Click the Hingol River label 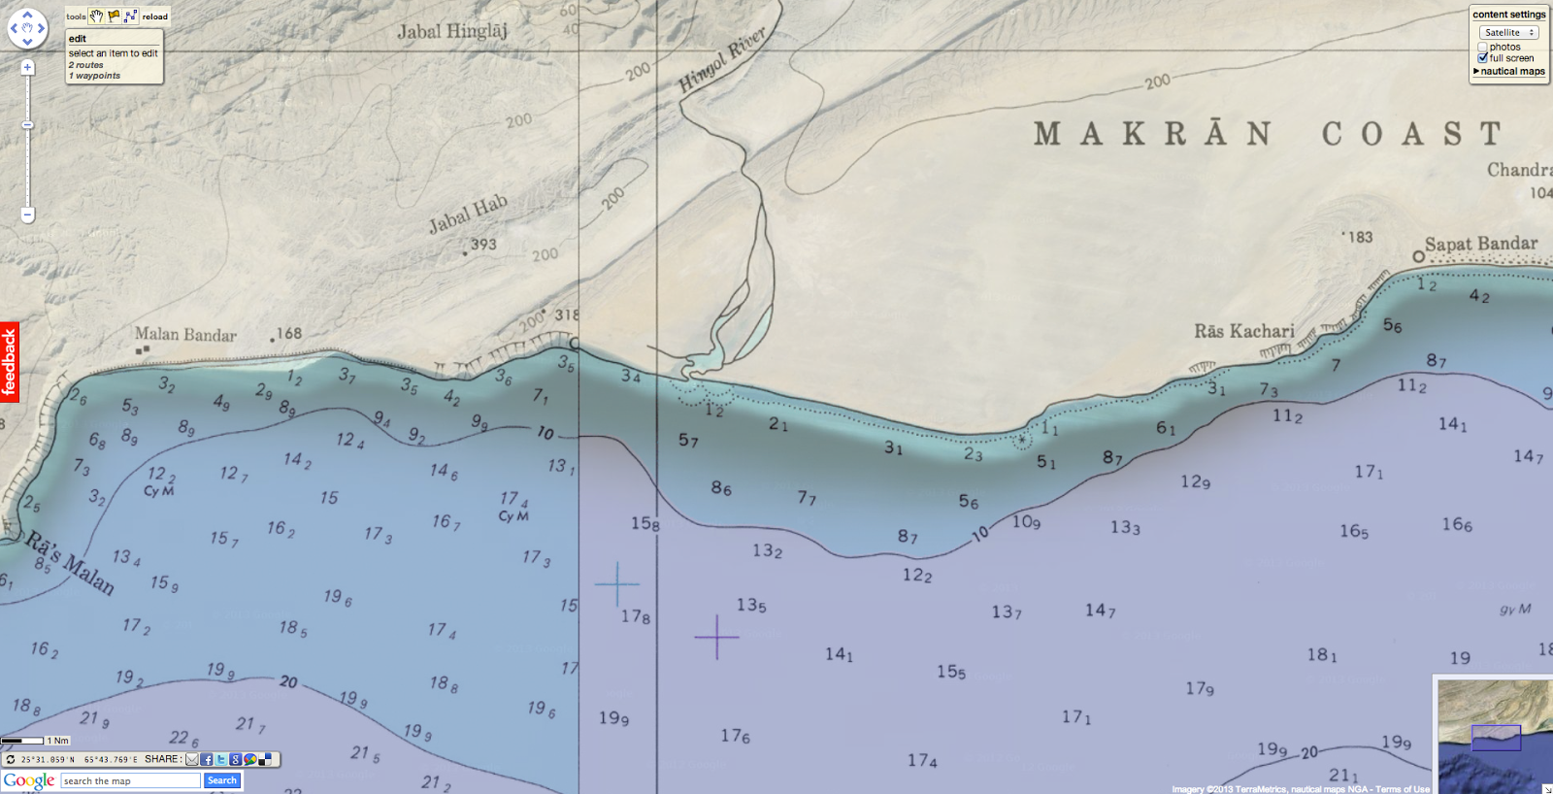[722, 60]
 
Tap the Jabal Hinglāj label [452, 31]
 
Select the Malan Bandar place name [185, 335]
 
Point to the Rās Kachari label [1243, 331]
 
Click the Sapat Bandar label [1480, 244]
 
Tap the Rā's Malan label [70, 562]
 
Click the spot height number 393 [483, 245]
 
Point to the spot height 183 [1360, 237]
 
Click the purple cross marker [716, 637]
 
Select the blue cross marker [616, 584]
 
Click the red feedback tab [10, 362]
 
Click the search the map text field [130, 781]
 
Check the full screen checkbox [1483, 58]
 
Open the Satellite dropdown [1509, 33]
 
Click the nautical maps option [1511, 71]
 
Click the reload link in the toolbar [155, 17]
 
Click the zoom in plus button [28, 68]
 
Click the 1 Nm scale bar [23, 741]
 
